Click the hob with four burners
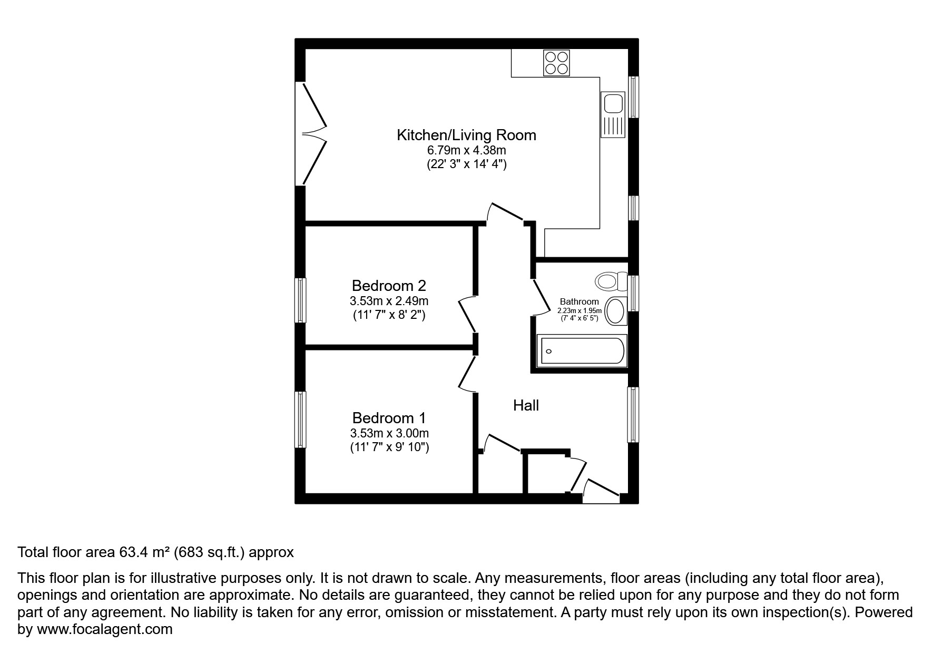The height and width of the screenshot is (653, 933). point(557,63)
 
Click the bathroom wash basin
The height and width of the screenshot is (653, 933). point(615,311)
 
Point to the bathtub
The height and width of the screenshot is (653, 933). point(582,351)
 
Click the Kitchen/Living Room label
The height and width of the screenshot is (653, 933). point(466,135)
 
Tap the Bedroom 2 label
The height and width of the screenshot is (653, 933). point(389,286)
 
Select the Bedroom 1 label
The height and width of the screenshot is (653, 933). point(389,418)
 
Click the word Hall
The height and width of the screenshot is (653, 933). point(526,405)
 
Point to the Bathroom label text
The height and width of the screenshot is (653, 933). point(579,301)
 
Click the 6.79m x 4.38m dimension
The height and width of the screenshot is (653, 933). point(466,150)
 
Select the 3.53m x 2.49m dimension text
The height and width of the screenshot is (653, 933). point(389,301)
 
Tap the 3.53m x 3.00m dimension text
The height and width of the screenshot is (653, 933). point(389,433)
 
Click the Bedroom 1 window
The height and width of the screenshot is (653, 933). point(300,420)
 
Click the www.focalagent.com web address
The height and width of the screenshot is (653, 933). point(104,629)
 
